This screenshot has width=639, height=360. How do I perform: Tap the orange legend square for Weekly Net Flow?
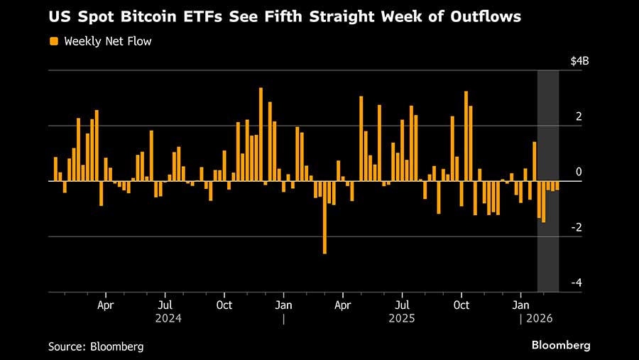54,41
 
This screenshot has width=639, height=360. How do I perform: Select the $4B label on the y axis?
579,61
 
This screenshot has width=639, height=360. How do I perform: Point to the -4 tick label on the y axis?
577,283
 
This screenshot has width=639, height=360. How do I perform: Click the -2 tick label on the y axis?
577,227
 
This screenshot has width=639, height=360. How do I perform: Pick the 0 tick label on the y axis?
579,172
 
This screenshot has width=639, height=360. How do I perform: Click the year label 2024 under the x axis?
168,319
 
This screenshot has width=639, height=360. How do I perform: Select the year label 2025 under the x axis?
402,319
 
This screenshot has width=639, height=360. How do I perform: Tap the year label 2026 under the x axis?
539,319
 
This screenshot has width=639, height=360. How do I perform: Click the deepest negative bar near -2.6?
324,217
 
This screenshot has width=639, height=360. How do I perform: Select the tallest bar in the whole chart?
261,135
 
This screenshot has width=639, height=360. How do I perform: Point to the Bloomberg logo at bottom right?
561,345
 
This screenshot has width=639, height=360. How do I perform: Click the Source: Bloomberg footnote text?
96,347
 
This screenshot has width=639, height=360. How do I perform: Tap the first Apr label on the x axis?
106,305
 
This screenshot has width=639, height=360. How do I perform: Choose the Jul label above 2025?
401,305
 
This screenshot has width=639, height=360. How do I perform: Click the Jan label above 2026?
520,305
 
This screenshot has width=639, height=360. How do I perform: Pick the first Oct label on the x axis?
224,305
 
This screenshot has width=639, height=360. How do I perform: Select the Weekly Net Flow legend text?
108,41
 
